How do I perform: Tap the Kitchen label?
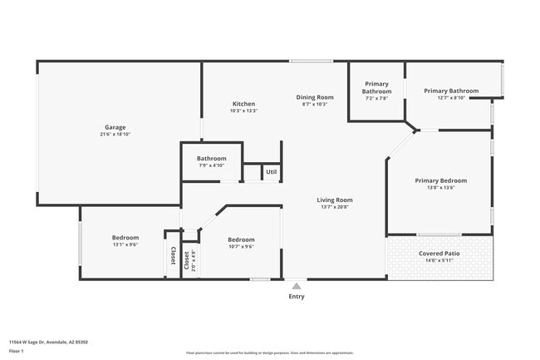pyautogui.click(x=243, y=103)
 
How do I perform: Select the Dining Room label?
pyautogui.click(x=315, y=97)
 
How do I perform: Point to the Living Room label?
pyautogui.click(x=335, y=200)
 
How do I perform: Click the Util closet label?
pyautogui.click(x=271, y=172)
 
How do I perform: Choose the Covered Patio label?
pyautogui.click(x=439, y=253)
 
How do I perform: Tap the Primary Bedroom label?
pyautogui.click(x=440, y=180)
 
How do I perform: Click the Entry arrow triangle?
pyautogui.click(x=297, y=286)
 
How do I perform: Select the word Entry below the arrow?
pyautogui.click(x=297, y=296)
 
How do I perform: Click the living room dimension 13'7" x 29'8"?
pyautogui.click(x=335, y=207)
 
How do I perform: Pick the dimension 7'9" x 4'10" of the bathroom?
pyautogui.click(x=212, y=165)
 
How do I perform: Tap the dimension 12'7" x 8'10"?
pyautogui.click(x=451, y=97)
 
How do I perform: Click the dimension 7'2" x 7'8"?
pyautogui.click(x=376, y=98)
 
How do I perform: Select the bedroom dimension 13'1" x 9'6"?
pyautogui.click(x=125, y=244)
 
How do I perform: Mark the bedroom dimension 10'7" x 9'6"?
pyautogui.click(x=241, y=246)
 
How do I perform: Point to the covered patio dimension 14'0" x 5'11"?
pyautogui.click(x=439, y=260)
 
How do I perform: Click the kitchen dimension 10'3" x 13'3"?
pyautogui.click(x=243, y=111)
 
